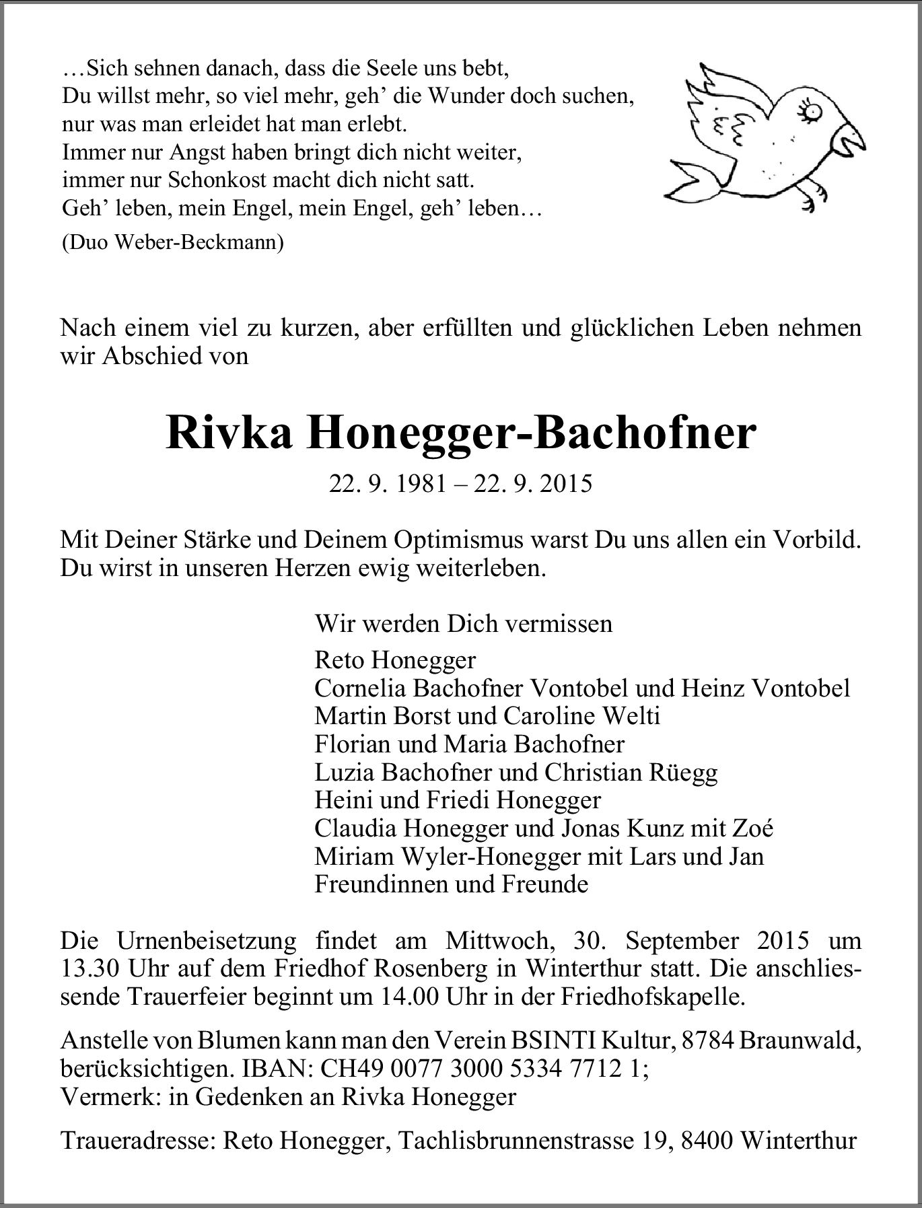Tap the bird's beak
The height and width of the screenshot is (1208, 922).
849,139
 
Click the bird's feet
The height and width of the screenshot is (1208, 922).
811,196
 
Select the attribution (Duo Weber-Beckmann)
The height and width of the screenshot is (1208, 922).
172,242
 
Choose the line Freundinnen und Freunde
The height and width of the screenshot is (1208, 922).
451,884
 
